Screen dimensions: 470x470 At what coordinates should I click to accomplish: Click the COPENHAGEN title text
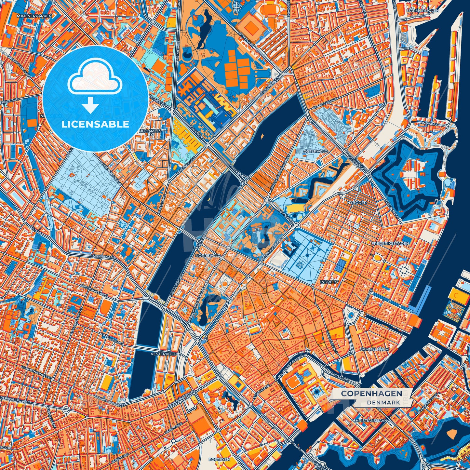[x=371, y=394]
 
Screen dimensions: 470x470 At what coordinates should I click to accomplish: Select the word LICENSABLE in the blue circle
[x=95, y=124]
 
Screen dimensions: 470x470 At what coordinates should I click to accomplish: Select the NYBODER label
[x=357, y=203]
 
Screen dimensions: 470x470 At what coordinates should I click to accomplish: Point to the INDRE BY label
[x=329, y=282]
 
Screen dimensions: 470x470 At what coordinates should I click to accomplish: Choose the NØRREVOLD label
[x=208, y=256]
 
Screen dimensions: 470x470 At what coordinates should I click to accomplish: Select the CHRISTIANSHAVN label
[x=370, y=420]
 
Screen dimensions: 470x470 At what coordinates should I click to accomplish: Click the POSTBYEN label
[x=219, y=460]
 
